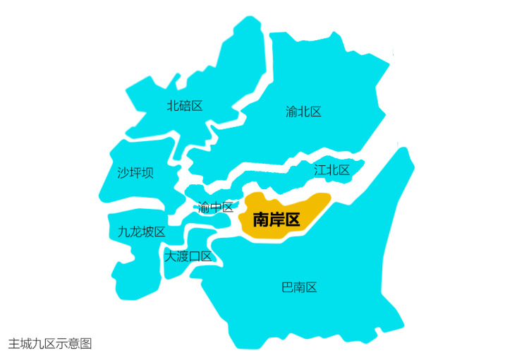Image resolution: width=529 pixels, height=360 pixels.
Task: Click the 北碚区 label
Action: (x=185, y=106)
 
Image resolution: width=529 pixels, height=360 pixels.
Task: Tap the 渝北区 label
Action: (x=303, y=112)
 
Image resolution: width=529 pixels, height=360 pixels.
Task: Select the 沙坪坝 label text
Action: (x=135, y=172)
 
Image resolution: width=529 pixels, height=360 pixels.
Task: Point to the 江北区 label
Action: (x=332, y=169)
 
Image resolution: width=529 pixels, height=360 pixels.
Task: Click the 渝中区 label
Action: (x=216, y=207)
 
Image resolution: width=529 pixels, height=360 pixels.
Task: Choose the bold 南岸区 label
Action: (x=276, y=219)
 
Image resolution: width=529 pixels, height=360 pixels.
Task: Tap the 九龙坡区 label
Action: (x=141, y=232)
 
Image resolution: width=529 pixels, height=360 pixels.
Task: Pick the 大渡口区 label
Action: (x=188, y=256)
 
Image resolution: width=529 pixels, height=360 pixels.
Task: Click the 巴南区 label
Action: (x=299, y=287)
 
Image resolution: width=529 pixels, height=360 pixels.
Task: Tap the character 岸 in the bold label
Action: (x=276, y=219)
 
